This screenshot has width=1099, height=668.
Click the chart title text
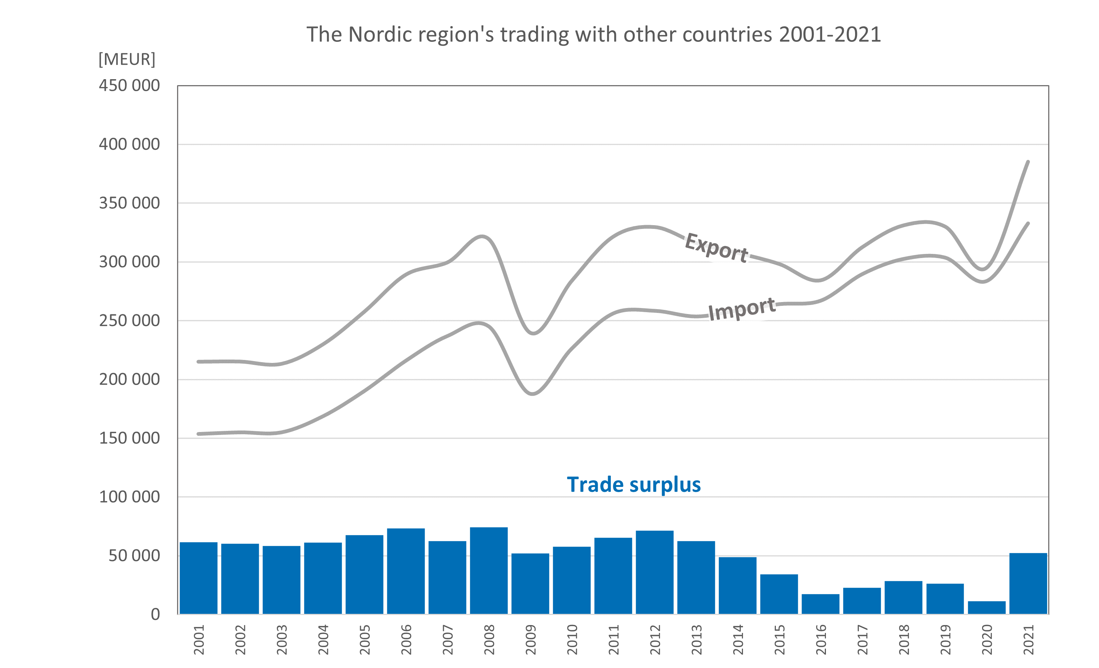pos(594,35)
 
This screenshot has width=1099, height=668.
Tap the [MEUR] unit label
pos(127,59)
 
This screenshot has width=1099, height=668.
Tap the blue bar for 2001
pos(198,578)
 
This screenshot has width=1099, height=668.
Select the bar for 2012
pos(654,572)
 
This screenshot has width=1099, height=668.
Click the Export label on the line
pos(716,248)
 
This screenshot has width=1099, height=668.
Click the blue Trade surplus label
pos(633,485)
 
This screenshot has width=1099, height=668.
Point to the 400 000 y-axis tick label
pos(129,145)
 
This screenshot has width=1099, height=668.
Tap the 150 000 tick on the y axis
pos(129,438)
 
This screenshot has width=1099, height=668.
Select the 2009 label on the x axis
pos(530,640)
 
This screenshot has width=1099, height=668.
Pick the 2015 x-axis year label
pos(779,640)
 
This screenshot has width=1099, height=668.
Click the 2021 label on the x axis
pos(1028,640)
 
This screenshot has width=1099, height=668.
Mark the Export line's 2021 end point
pos(1028,162)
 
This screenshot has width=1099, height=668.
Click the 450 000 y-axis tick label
pos(129,86)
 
